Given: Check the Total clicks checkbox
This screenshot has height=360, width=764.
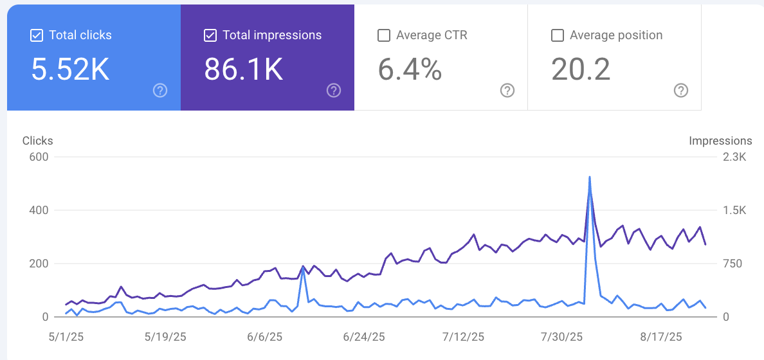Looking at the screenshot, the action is coord(37,35).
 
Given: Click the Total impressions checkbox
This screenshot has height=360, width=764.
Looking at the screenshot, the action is coord(210,35).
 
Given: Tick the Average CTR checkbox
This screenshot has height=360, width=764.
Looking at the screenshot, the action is coord(384,35).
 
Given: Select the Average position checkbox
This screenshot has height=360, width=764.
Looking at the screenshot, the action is coord(558,35).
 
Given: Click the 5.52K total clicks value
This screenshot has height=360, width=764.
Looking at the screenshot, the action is coord(71,69).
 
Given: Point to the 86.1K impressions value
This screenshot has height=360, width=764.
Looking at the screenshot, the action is coord(244,69).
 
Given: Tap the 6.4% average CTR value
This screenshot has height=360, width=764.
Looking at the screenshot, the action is coord(410,69).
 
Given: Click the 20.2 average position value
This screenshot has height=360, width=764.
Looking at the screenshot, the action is coord(581,69).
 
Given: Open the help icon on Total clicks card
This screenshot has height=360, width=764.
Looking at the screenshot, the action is coord(160,90).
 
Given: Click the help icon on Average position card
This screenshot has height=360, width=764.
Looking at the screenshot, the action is coord(681,90).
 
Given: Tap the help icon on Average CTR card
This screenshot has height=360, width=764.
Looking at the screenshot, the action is coord(507,90).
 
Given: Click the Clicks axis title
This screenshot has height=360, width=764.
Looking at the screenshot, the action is coord(37,141).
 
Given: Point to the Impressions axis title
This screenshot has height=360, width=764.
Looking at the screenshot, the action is coord(721,141).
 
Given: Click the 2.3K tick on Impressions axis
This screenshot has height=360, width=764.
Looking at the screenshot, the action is coord(734,157).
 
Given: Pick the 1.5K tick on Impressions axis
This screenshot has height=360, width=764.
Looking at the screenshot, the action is coord(734,210).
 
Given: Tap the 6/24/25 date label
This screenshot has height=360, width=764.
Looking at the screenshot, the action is coord(363,337).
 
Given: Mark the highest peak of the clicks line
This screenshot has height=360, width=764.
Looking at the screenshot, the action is coord(590,177).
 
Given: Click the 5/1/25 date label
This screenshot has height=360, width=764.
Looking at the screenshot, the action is coord(66,337).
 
